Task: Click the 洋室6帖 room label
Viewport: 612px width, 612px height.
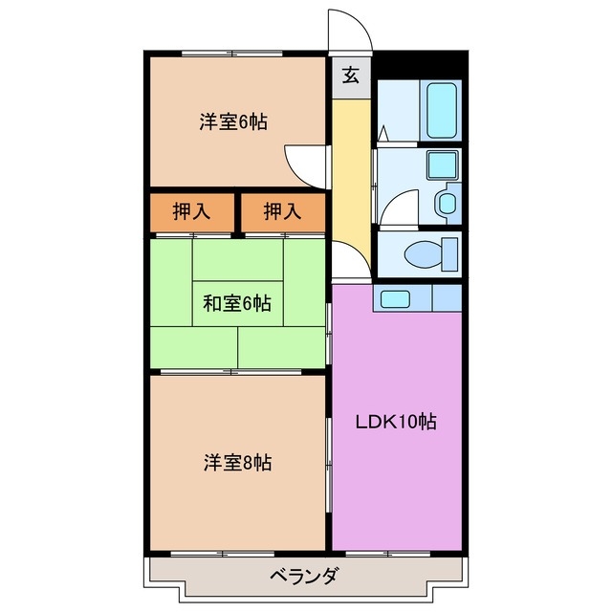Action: pos(233,122)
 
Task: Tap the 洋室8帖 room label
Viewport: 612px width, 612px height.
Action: pos(236,463)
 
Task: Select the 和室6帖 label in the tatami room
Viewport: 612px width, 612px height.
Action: pos(236,304)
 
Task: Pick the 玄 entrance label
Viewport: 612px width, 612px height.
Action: pos(351,76)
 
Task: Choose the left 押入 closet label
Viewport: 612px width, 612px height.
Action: pos(191,212)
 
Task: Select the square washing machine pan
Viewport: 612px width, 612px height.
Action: pos(442,165)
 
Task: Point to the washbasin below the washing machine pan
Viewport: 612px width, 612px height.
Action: pos(447,203)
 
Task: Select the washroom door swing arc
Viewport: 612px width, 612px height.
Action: pos(398,206)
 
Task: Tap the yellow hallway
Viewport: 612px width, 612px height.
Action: pos(351,172)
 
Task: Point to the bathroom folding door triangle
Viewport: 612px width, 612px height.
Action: pos(382,133)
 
